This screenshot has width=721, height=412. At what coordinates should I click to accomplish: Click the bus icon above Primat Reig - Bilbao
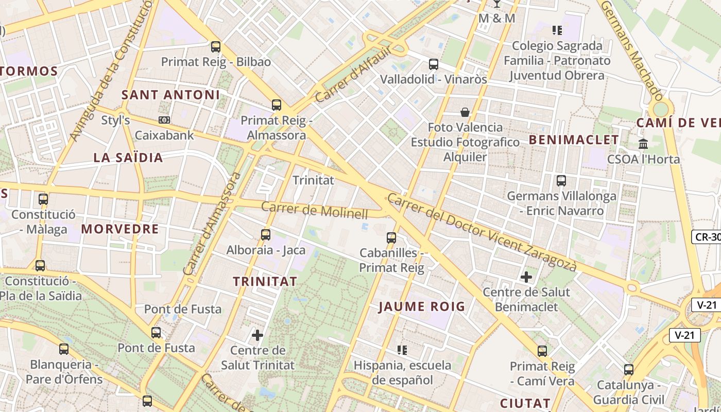click(216, 47)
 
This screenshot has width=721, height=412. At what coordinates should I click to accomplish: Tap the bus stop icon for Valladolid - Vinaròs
click(434, 64)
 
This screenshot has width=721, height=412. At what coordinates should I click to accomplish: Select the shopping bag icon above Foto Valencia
click(465, 112)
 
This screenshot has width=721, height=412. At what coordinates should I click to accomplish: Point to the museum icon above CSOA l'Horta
click(643, 144)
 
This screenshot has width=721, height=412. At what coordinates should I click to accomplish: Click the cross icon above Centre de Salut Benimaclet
click(526, 277)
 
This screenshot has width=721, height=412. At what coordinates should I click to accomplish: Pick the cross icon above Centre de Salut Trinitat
click(257, 336)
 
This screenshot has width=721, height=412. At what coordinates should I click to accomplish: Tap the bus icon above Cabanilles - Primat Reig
click(391, 238)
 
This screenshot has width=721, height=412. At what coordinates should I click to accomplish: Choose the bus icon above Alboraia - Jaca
click(266, 235)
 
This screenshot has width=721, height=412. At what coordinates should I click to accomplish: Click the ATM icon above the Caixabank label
click(164, 120)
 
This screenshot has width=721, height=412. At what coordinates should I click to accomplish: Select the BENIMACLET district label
click(574, 140)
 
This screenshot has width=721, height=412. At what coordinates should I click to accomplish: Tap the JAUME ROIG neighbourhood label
click(422, 307)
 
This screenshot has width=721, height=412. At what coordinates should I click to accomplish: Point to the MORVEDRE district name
click(120, 229)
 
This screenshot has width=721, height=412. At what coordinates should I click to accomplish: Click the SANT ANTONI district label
click(170, 95)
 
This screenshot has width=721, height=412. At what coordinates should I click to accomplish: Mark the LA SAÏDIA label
click(128, 158)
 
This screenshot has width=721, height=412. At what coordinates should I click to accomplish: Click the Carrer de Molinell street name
click(315, 211)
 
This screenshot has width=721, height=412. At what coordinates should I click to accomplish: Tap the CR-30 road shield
click(707, 237)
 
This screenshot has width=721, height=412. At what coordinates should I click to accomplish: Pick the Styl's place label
click(115, 121)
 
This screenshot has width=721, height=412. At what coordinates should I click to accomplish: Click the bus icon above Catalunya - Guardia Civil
click(629, 370)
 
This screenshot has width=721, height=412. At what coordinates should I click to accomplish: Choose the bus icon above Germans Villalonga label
click(561, 181)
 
